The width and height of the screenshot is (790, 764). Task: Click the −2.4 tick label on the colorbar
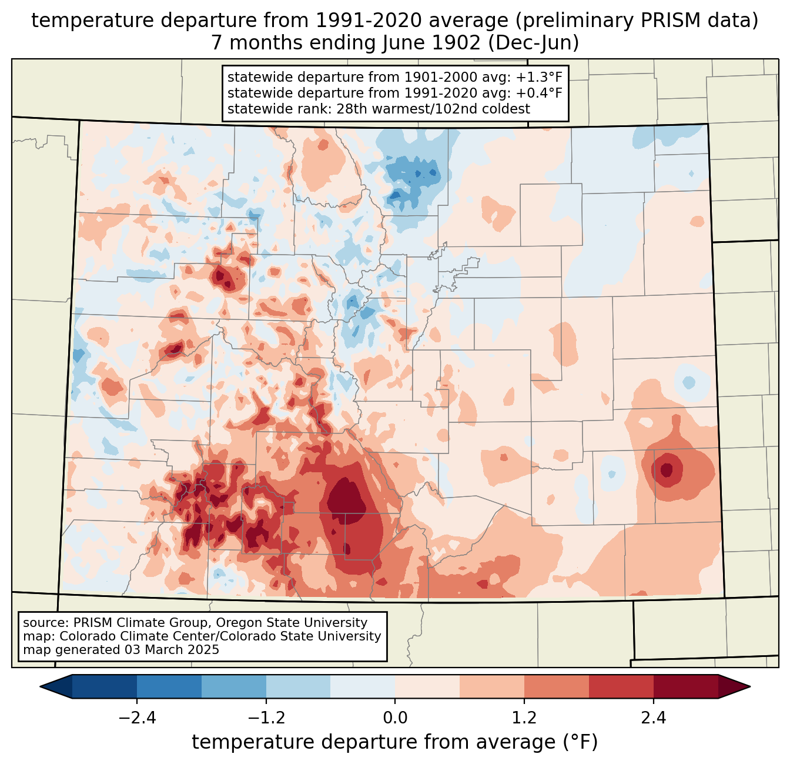point(137,718)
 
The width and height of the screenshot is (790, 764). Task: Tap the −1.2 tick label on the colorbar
point(266,718)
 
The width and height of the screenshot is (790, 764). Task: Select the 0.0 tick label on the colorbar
point(395,718)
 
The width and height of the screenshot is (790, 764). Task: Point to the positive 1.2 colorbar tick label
point(524,718)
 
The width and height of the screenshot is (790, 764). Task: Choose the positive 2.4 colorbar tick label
point(653,718)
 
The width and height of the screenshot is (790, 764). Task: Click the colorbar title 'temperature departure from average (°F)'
point(395,742)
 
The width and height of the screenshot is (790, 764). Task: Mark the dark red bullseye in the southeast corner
point(666,470)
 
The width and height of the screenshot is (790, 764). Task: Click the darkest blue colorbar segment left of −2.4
point(105,686)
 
